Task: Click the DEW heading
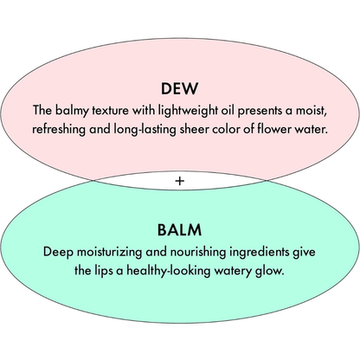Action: pos(179,88)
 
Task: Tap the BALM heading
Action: pos(179,230)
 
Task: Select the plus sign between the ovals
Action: pos(179,181)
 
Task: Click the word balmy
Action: pos(72,111)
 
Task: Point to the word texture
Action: pos(110,111)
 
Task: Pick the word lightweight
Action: pos(188,111)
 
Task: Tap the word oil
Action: pos(228,110)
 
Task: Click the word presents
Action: pos(260,112)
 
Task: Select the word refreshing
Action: pos(59,130)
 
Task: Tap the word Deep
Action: pos(58,253)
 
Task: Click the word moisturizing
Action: pos(109,253)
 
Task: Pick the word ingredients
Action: pos(260,253)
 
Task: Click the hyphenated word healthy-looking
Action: pos(169,271)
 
